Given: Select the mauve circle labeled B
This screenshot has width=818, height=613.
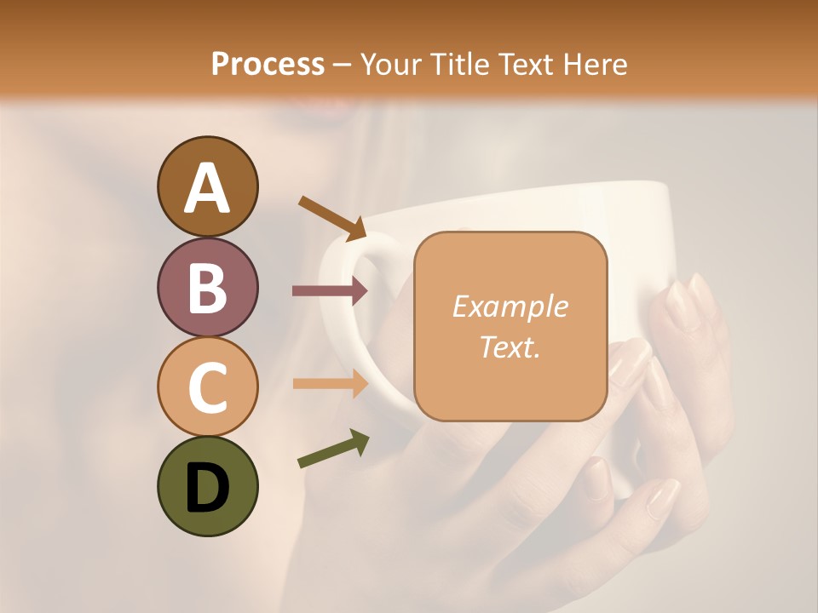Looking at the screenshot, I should pos(207,287).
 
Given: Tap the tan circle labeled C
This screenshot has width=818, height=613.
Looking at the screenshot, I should pos(207,387).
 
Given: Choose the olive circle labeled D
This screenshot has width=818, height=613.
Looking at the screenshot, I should pos(207,486).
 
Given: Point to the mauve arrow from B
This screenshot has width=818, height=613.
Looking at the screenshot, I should pos(331,291).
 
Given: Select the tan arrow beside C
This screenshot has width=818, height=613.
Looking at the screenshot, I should pos(331,383).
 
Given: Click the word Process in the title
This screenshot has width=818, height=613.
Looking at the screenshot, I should pos(268,65).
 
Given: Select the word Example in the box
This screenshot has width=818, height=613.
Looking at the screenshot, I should pos(510,306).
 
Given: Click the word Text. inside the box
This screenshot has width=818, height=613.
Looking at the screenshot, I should pos(510,347).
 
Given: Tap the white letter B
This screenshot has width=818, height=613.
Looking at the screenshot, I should pos(207,287).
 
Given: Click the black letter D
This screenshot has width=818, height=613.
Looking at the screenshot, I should pos(207,488).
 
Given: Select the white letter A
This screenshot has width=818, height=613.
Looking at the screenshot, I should pos(207,187).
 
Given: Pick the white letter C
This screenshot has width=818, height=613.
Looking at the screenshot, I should pos(207,387).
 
